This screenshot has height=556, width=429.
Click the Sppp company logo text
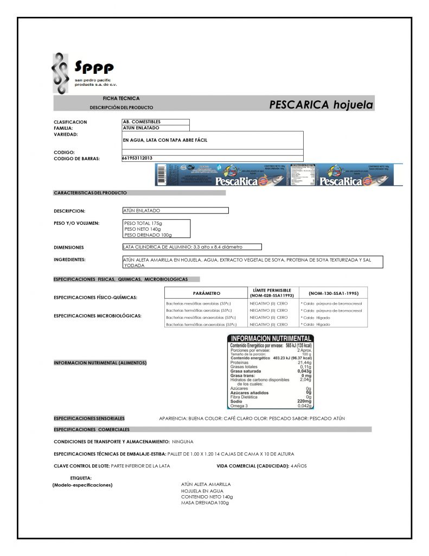(94, 69)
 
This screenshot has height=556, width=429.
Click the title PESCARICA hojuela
(321, 105)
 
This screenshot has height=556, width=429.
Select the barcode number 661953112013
(138, 158)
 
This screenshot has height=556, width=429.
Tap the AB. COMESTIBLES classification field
(142, 122)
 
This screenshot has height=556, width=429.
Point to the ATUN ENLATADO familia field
(142, 128)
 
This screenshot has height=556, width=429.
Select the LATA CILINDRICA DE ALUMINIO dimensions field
(183, 247)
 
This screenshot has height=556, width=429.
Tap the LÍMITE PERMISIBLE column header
(272, 293)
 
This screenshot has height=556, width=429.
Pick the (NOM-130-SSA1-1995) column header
(333, 293)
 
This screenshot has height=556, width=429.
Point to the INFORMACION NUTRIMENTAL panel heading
(270, 339)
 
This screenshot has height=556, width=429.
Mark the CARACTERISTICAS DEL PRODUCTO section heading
(90, 193)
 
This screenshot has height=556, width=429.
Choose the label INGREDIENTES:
(70, 260)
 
